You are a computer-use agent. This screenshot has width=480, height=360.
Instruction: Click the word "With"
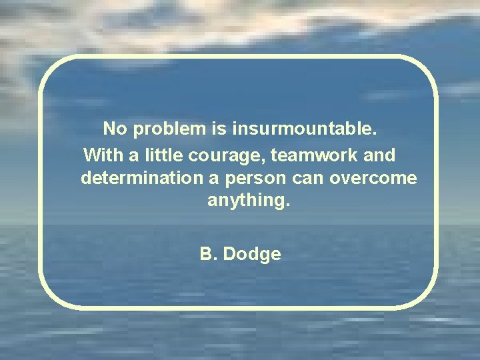click(100, 155)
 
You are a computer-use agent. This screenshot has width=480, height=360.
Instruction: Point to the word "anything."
click(249, 201)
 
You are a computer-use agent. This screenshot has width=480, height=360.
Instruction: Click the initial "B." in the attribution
click(209, 254)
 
